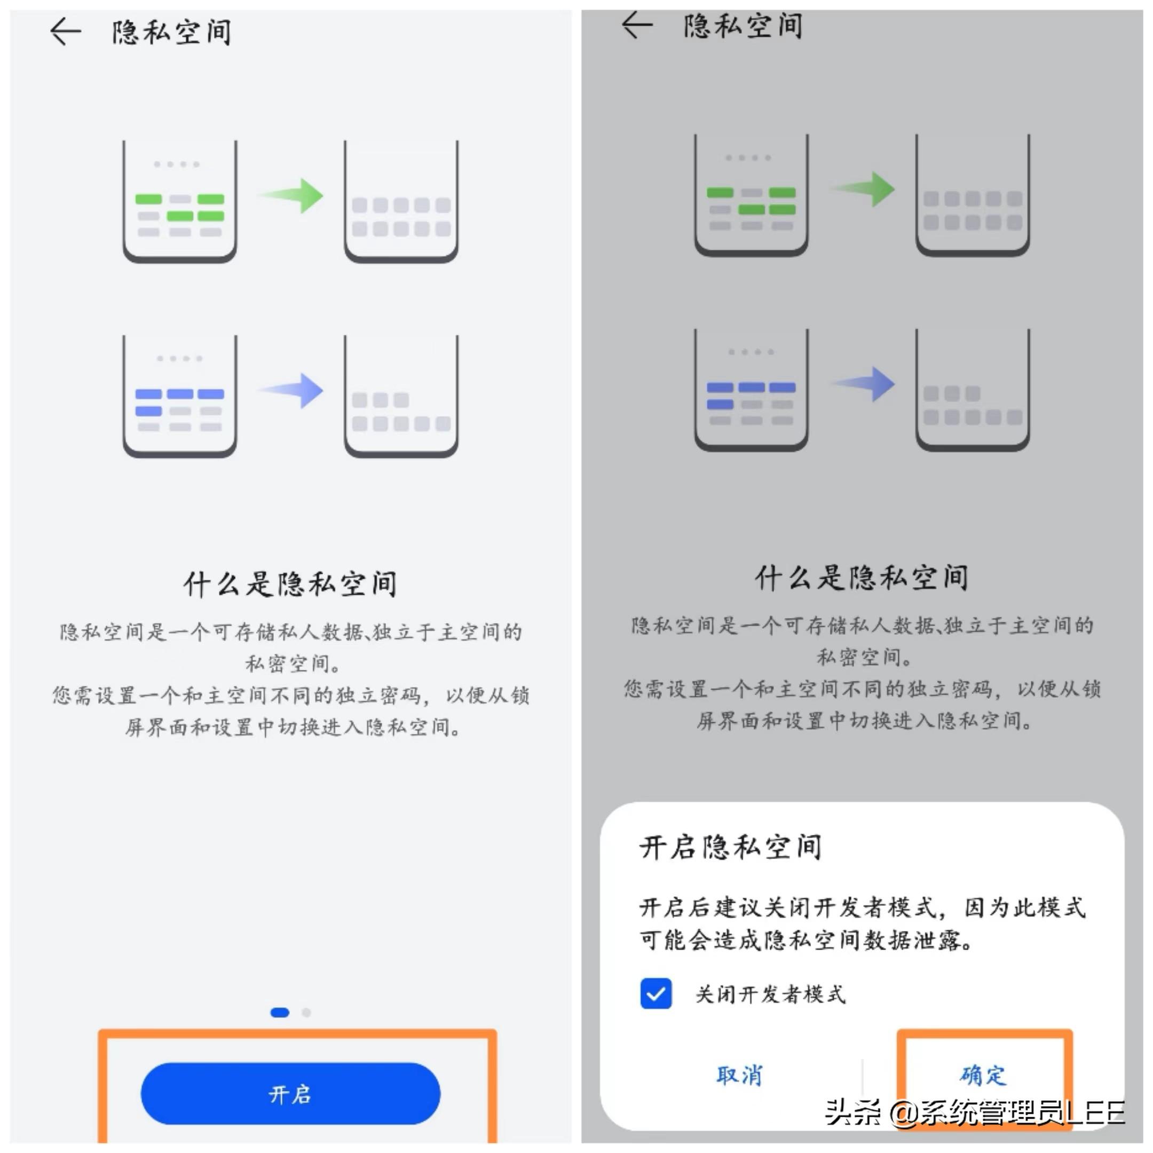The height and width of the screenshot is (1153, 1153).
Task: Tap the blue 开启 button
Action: point(290,1094)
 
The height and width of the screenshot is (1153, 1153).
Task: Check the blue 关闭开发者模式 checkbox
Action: point(656,993)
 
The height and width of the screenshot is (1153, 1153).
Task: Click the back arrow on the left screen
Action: point(66,31)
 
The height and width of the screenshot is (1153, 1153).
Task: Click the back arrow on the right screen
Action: point(637,25)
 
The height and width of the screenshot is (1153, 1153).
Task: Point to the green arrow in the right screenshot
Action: point(865,189)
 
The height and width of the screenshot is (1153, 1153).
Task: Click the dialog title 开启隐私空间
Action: point(730,847)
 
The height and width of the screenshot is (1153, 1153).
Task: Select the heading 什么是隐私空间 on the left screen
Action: point(290,583)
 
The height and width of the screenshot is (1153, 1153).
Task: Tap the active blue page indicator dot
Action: point(280,1012)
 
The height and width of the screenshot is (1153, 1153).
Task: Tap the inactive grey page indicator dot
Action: point(306,1012)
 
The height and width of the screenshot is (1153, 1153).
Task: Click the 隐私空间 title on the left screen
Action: point(172,32)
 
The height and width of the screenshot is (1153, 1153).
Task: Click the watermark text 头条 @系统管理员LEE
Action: point(975,1111)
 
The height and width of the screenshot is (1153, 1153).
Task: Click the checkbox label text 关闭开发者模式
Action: point(770,994)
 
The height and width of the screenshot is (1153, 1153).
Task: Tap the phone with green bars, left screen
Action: point(180,202)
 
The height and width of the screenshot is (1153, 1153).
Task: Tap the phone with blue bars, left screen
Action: point(180,396)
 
